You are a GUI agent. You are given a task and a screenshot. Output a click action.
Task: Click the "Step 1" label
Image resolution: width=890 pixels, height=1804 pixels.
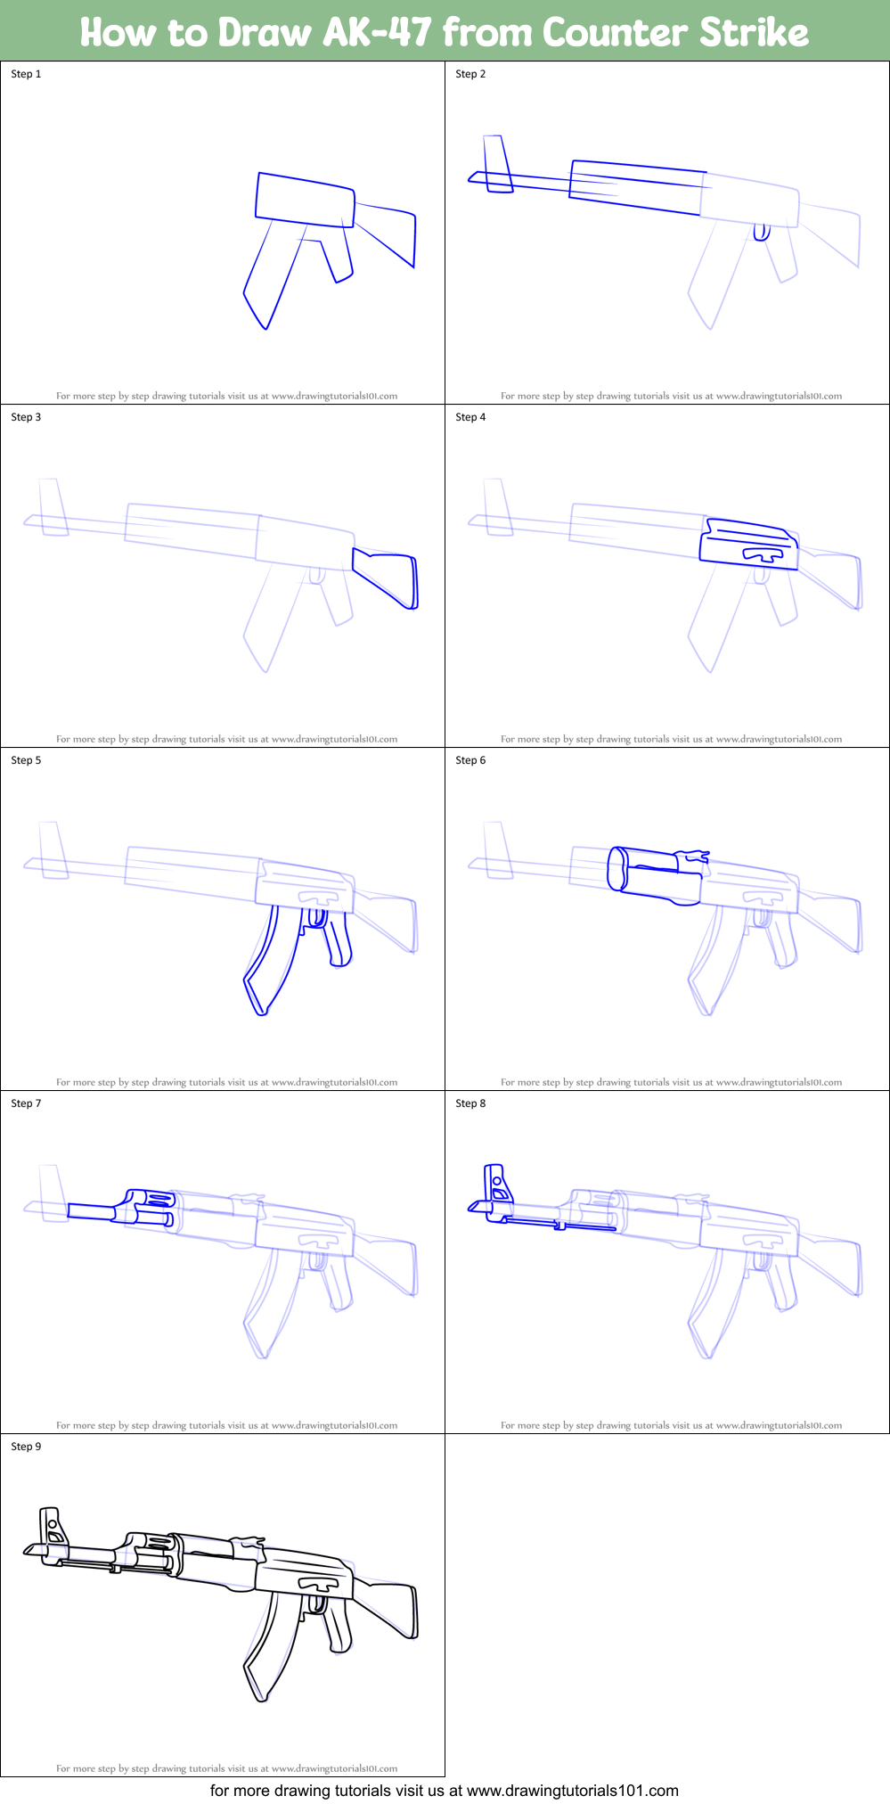click(26, 74)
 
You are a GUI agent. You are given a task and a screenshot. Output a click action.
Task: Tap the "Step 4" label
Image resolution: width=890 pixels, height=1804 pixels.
click(470, 417)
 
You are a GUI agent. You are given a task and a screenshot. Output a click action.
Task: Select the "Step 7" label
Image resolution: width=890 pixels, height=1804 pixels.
click(26, 1103)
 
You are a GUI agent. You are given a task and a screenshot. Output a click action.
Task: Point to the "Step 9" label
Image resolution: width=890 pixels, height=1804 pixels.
click(26, 1447)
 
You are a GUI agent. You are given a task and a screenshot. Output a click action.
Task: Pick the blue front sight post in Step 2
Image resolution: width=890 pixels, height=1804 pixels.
click(498, 164)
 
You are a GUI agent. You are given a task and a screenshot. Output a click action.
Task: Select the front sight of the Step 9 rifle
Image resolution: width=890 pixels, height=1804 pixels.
click(53, 1529)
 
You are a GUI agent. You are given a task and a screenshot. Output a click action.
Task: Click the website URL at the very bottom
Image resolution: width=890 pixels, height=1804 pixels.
click(572, 1791)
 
